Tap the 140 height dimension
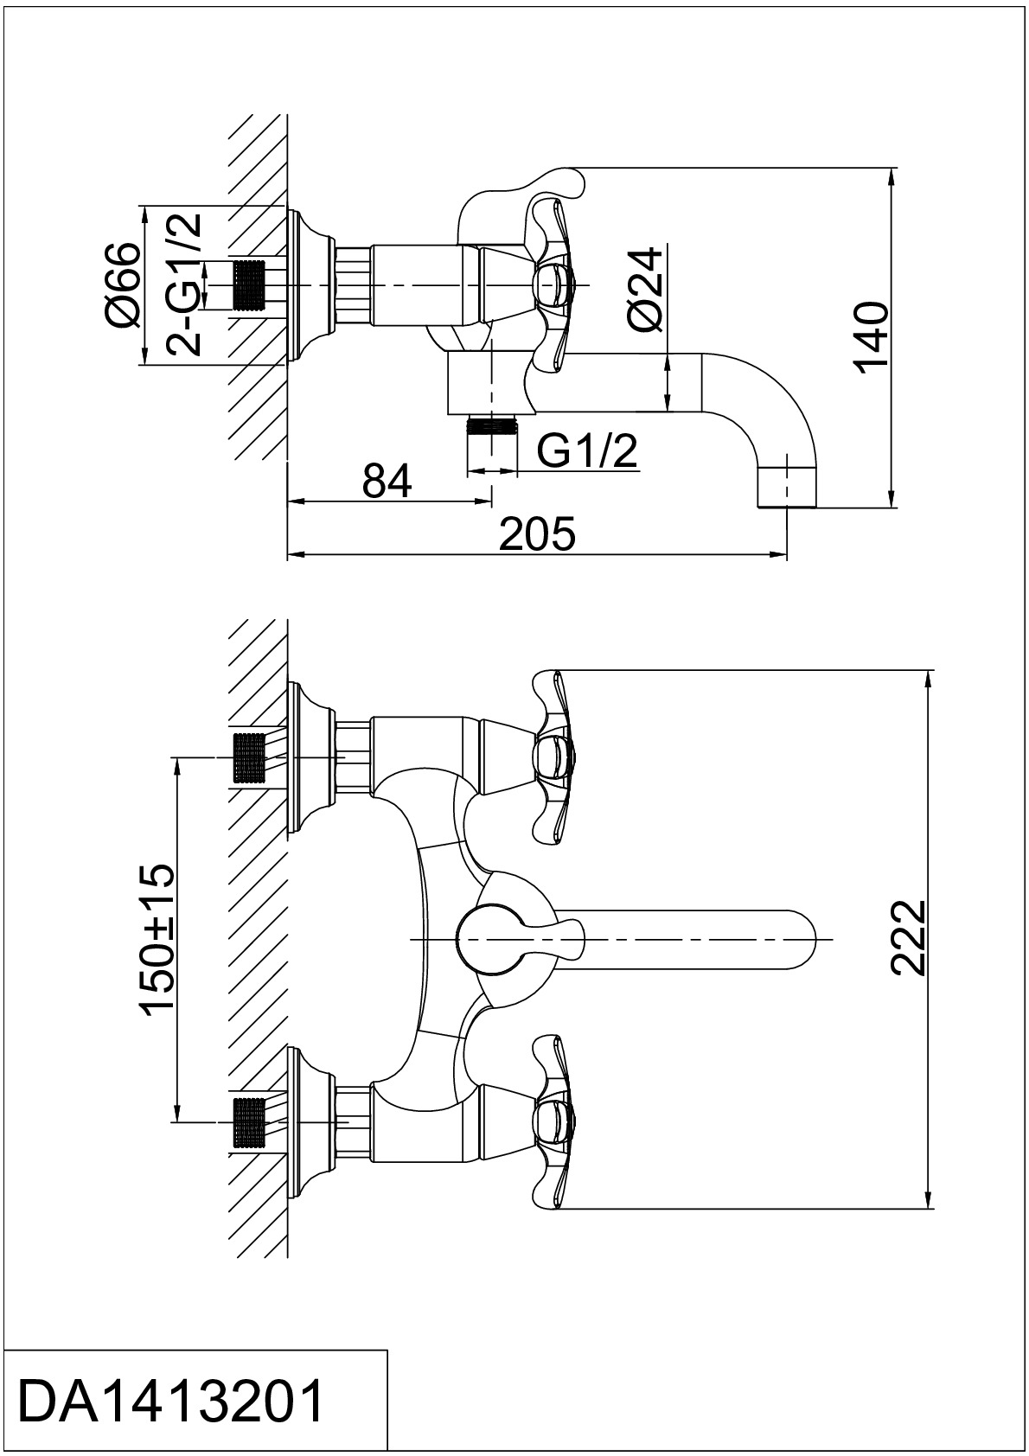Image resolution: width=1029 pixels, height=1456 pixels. pos(872,337)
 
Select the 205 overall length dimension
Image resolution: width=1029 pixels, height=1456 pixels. pos(538,534)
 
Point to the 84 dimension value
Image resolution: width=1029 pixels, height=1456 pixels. pos(387,481)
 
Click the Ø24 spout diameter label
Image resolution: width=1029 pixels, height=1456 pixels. pos(645,291)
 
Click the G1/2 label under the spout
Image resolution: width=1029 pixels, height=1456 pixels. pos(587,451)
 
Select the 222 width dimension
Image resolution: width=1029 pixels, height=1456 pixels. pos(907,937)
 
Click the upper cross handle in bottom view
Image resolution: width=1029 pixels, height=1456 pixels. pos(553,757)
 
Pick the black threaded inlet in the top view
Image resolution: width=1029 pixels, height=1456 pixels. pos(250,285)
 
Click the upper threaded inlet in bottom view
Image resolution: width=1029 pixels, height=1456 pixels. pos(250,757)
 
